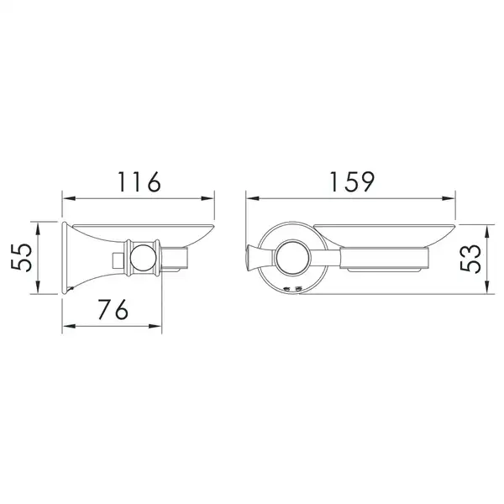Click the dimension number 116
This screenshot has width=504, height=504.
tap(139, 182)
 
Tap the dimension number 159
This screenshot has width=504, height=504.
tap(353, 182)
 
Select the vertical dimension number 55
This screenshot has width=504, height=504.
tap(22, 258)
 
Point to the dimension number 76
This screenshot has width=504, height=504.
tap(113, 309)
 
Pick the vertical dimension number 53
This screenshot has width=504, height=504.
tap(470, 259)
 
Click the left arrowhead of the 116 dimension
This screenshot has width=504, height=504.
tap(69, 198)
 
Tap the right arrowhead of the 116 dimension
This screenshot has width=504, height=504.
tap(207, 198)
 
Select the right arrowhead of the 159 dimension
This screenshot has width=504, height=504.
tap(449, 198)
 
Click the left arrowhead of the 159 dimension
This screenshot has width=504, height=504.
tap(253, 198)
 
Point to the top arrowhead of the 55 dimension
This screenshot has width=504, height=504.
tap(38, 228)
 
